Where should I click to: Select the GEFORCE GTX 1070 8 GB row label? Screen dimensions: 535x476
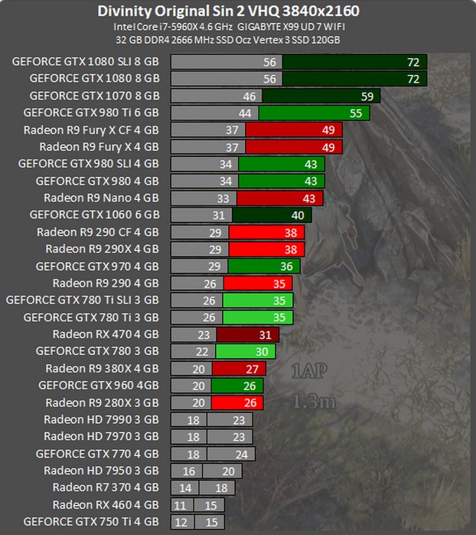(x=94, y=96)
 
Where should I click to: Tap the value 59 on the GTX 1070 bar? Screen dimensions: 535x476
(x=367, y=97)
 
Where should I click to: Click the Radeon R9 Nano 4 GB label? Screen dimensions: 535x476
(x=101, y=198)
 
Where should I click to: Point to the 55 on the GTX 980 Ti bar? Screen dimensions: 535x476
(x=356, y=113)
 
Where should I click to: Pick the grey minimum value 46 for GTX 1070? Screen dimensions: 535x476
(x=249, y=97)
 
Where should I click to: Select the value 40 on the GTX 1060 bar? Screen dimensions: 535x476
(x=298, y=215)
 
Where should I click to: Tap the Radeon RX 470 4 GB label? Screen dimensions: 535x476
(x=106, y=334)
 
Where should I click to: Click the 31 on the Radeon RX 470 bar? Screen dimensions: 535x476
(x=265, y=335)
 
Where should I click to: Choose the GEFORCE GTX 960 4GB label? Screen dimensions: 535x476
(x=99, y=385)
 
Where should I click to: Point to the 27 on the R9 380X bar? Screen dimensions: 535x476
(x=253, y=369)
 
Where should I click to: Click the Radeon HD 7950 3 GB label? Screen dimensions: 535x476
(x=101, y=471)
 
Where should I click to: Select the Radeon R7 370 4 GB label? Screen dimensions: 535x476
(x=106, y=487)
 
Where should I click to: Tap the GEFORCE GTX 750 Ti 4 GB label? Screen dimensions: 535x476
(x=91, y=521)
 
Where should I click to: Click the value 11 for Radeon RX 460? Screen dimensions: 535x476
(x=181, y=505)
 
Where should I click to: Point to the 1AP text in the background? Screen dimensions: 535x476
(x=308, y=373)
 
